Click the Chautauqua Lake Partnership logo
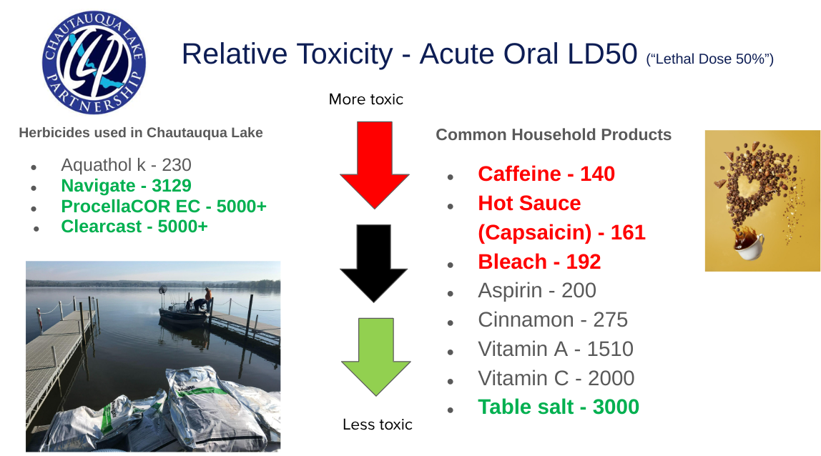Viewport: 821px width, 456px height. pos(94,62)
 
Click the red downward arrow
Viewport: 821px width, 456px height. pos(374,165)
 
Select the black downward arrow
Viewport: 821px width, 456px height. pos(374,263)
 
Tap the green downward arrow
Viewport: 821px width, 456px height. pos(376,357)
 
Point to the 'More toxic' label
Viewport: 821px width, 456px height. pos(366,99)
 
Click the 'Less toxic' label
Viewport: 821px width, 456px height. pos(378,424)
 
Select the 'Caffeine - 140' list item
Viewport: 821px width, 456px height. pos(546,174)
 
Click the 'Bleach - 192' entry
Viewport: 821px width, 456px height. pos(539,262)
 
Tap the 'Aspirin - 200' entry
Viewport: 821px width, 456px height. pos(536,291)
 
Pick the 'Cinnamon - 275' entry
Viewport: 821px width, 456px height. pos(552,320)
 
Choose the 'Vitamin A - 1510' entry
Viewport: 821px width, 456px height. pos(556,350)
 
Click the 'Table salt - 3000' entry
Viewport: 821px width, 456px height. pos(558,407)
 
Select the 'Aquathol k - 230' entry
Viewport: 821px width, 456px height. pos(126,165)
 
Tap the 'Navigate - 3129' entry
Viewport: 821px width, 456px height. pos(126,185)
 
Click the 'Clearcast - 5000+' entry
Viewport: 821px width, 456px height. pos(134,226)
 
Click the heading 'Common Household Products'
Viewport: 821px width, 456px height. pos(554,134)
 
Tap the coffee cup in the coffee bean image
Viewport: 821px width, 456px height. pos(749,245)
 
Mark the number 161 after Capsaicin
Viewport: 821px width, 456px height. pos(628,232)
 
